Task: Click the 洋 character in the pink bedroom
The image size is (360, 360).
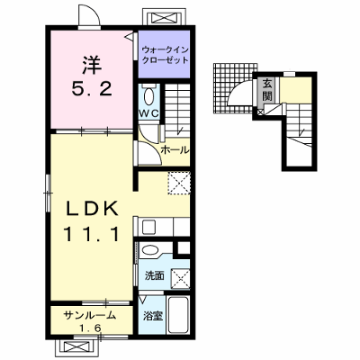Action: coord(92,65)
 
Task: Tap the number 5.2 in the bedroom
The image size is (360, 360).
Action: coord(92,89)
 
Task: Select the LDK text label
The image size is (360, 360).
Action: coord(92,209)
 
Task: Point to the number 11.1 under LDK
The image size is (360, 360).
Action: coord(92,234)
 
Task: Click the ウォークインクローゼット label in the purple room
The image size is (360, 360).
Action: coord(165,54)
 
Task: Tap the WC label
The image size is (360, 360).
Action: coord(149,113)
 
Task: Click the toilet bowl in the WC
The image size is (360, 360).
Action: coord(148,96)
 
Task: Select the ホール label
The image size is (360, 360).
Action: coord(175,150)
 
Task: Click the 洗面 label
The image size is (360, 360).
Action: coord(155,275)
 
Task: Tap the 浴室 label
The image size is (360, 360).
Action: coord(153,315)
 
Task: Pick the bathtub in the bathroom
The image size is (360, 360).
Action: coord(178,314)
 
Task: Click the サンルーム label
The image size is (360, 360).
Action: coord(90,316)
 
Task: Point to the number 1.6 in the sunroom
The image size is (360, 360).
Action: coord(90,328)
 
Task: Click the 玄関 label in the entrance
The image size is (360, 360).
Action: coord(267,90)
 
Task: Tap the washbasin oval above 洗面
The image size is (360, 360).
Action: coord(149,250)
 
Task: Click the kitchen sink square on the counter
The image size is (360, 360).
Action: coord(148,227)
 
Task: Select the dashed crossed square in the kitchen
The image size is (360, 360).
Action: coord(179,183)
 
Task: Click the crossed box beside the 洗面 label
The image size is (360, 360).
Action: coord(180,279)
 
